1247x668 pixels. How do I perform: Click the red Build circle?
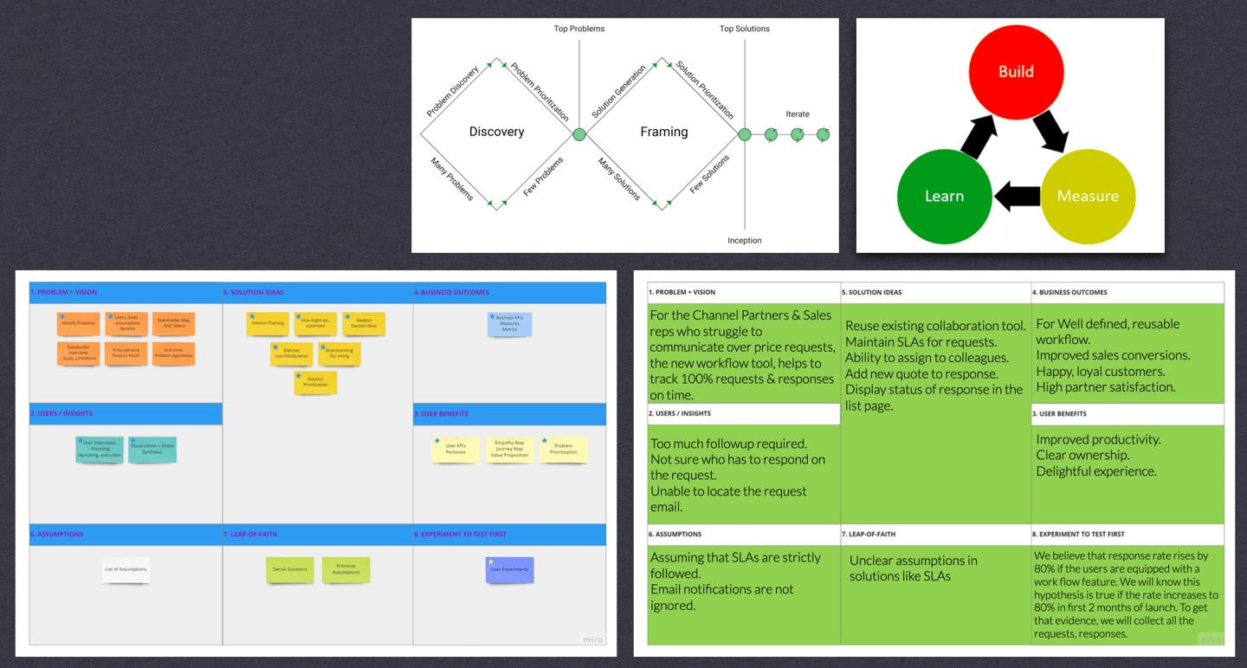(x=1016, y=72)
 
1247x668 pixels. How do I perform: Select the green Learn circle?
(x=944, y=196)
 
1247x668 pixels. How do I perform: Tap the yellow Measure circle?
(x=1088, y=196)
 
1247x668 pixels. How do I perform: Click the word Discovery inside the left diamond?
(x=496, y=132)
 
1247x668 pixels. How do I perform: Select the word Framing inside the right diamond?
(x=664, y=132)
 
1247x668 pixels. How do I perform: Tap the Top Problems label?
(x=579, y=29)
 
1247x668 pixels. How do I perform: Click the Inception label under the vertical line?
(x=745, y=240)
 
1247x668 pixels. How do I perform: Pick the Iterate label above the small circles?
(x=798, y=114)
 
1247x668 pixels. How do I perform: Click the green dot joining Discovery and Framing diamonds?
(x=579, y=134)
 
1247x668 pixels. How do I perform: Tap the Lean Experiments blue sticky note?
(x=509, y=569)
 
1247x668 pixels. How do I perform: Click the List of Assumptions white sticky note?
(x=126, y=569)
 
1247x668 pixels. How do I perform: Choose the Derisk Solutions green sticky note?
(x=290, y=569)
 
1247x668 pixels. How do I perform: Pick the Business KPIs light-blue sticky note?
(x=509, y=324)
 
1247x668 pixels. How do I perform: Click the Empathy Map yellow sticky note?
(x=509, y=449)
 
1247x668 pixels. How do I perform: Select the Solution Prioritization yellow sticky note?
(x=315, y=382)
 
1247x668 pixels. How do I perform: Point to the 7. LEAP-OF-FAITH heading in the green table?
(x=871, y=534)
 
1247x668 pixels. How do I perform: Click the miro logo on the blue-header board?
(x=591, y=639)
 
